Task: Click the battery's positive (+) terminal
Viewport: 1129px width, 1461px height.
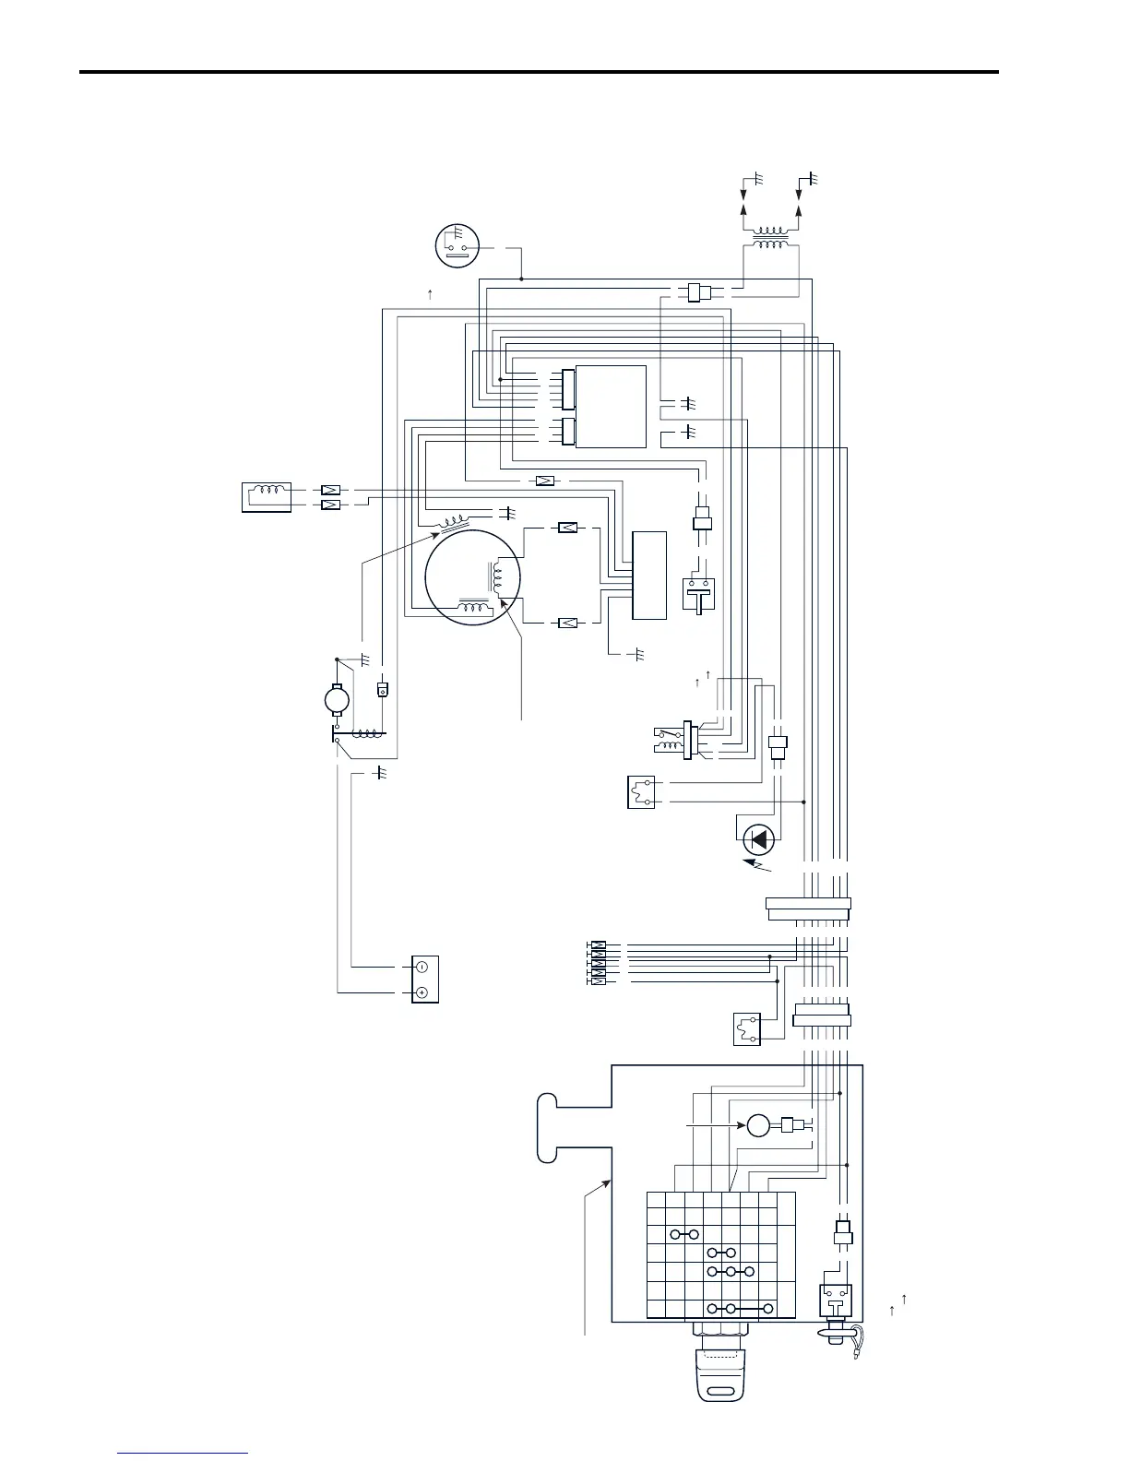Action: point(421,992)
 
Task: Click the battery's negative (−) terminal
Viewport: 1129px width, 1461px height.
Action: point(421,968)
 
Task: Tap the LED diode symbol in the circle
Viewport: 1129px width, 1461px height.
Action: point(759,839)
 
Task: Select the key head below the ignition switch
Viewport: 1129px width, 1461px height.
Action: point(720,1373)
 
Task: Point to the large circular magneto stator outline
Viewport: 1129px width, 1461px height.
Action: point(473,577)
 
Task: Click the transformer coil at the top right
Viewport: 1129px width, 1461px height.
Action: point(771,238)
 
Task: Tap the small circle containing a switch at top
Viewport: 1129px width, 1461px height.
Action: point(458,245)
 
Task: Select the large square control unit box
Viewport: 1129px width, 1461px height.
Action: point(611,407)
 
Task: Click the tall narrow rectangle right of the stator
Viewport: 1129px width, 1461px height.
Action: point(649,575)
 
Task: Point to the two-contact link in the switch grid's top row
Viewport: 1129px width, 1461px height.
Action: point(685,1234)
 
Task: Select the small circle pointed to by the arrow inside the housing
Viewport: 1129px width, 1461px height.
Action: point(758,1125)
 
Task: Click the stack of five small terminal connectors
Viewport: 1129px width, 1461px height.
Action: point(597,963)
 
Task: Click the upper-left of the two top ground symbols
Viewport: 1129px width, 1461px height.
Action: point(758,178)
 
